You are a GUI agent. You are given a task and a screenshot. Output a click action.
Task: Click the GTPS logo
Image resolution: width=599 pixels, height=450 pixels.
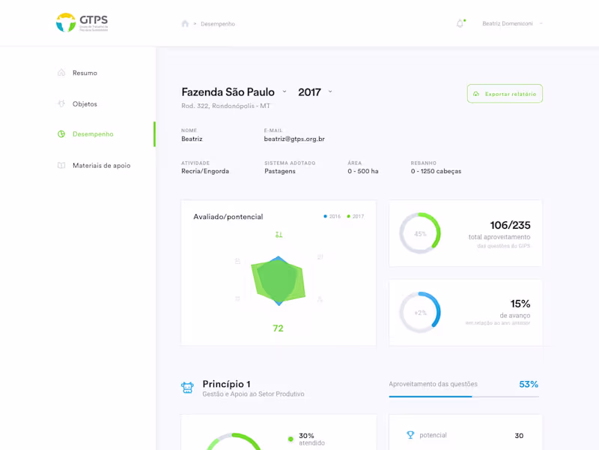pos(82,22)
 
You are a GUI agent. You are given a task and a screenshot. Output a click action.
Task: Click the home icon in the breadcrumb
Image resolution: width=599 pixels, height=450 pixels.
pos(185,24)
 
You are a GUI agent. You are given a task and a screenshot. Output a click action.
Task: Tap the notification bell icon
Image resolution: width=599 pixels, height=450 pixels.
pos(460,24)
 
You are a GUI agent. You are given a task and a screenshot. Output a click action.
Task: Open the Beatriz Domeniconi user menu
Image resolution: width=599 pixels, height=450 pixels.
pos(512,24)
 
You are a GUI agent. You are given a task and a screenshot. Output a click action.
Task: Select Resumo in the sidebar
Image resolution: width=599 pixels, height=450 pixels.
pos(85,73)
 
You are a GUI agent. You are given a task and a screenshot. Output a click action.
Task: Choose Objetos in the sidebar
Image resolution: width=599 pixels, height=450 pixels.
pos(85,103)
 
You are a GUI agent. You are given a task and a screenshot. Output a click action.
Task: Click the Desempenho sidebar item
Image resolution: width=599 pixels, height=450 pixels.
pos(92,134)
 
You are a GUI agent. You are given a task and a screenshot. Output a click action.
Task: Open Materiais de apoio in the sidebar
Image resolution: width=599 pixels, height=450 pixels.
pos(101,165)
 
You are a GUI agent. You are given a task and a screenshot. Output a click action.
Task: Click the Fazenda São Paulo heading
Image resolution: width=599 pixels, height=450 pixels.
pos(228,92)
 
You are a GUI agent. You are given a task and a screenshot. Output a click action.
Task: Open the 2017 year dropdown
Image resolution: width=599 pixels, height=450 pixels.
pos(314,92)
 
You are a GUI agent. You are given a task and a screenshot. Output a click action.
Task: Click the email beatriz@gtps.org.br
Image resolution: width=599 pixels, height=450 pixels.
pos(294,139)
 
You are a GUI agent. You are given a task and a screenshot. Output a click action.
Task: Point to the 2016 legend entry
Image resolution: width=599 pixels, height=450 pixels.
pos(332,217)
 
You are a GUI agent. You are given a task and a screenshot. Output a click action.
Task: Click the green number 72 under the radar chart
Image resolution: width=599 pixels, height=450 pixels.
pos(278,328)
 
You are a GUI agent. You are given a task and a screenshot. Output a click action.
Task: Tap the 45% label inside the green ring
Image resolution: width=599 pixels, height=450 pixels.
pos(420,234)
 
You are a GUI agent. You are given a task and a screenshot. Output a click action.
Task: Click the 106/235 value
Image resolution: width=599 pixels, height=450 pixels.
pos(510,225)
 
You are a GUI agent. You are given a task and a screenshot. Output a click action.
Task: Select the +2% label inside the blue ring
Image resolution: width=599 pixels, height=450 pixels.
pos(420,313)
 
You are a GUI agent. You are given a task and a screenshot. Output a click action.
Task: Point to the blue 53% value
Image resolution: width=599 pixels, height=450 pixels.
pos(529,385)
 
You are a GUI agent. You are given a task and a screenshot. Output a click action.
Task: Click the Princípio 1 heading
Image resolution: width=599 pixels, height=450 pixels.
pos(226,384)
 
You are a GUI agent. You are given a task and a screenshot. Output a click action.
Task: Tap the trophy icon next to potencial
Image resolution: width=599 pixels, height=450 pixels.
pos(410,435)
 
